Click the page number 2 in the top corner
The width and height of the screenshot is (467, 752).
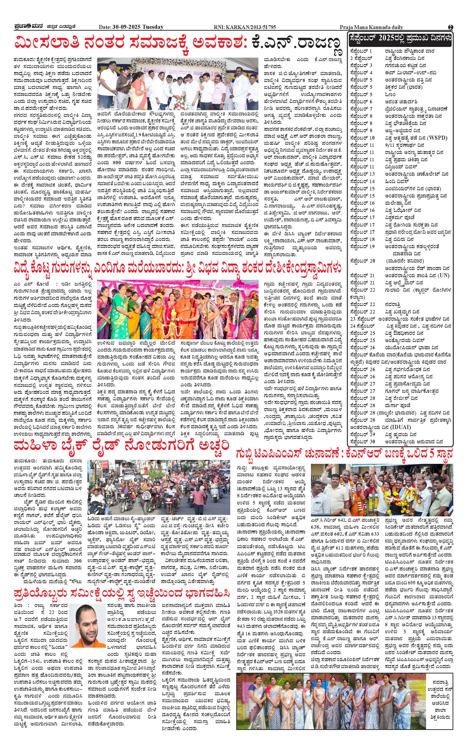(451, 27)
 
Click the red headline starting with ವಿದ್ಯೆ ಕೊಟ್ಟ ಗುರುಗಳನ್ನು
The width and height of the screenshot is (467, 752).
(178, 267)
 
